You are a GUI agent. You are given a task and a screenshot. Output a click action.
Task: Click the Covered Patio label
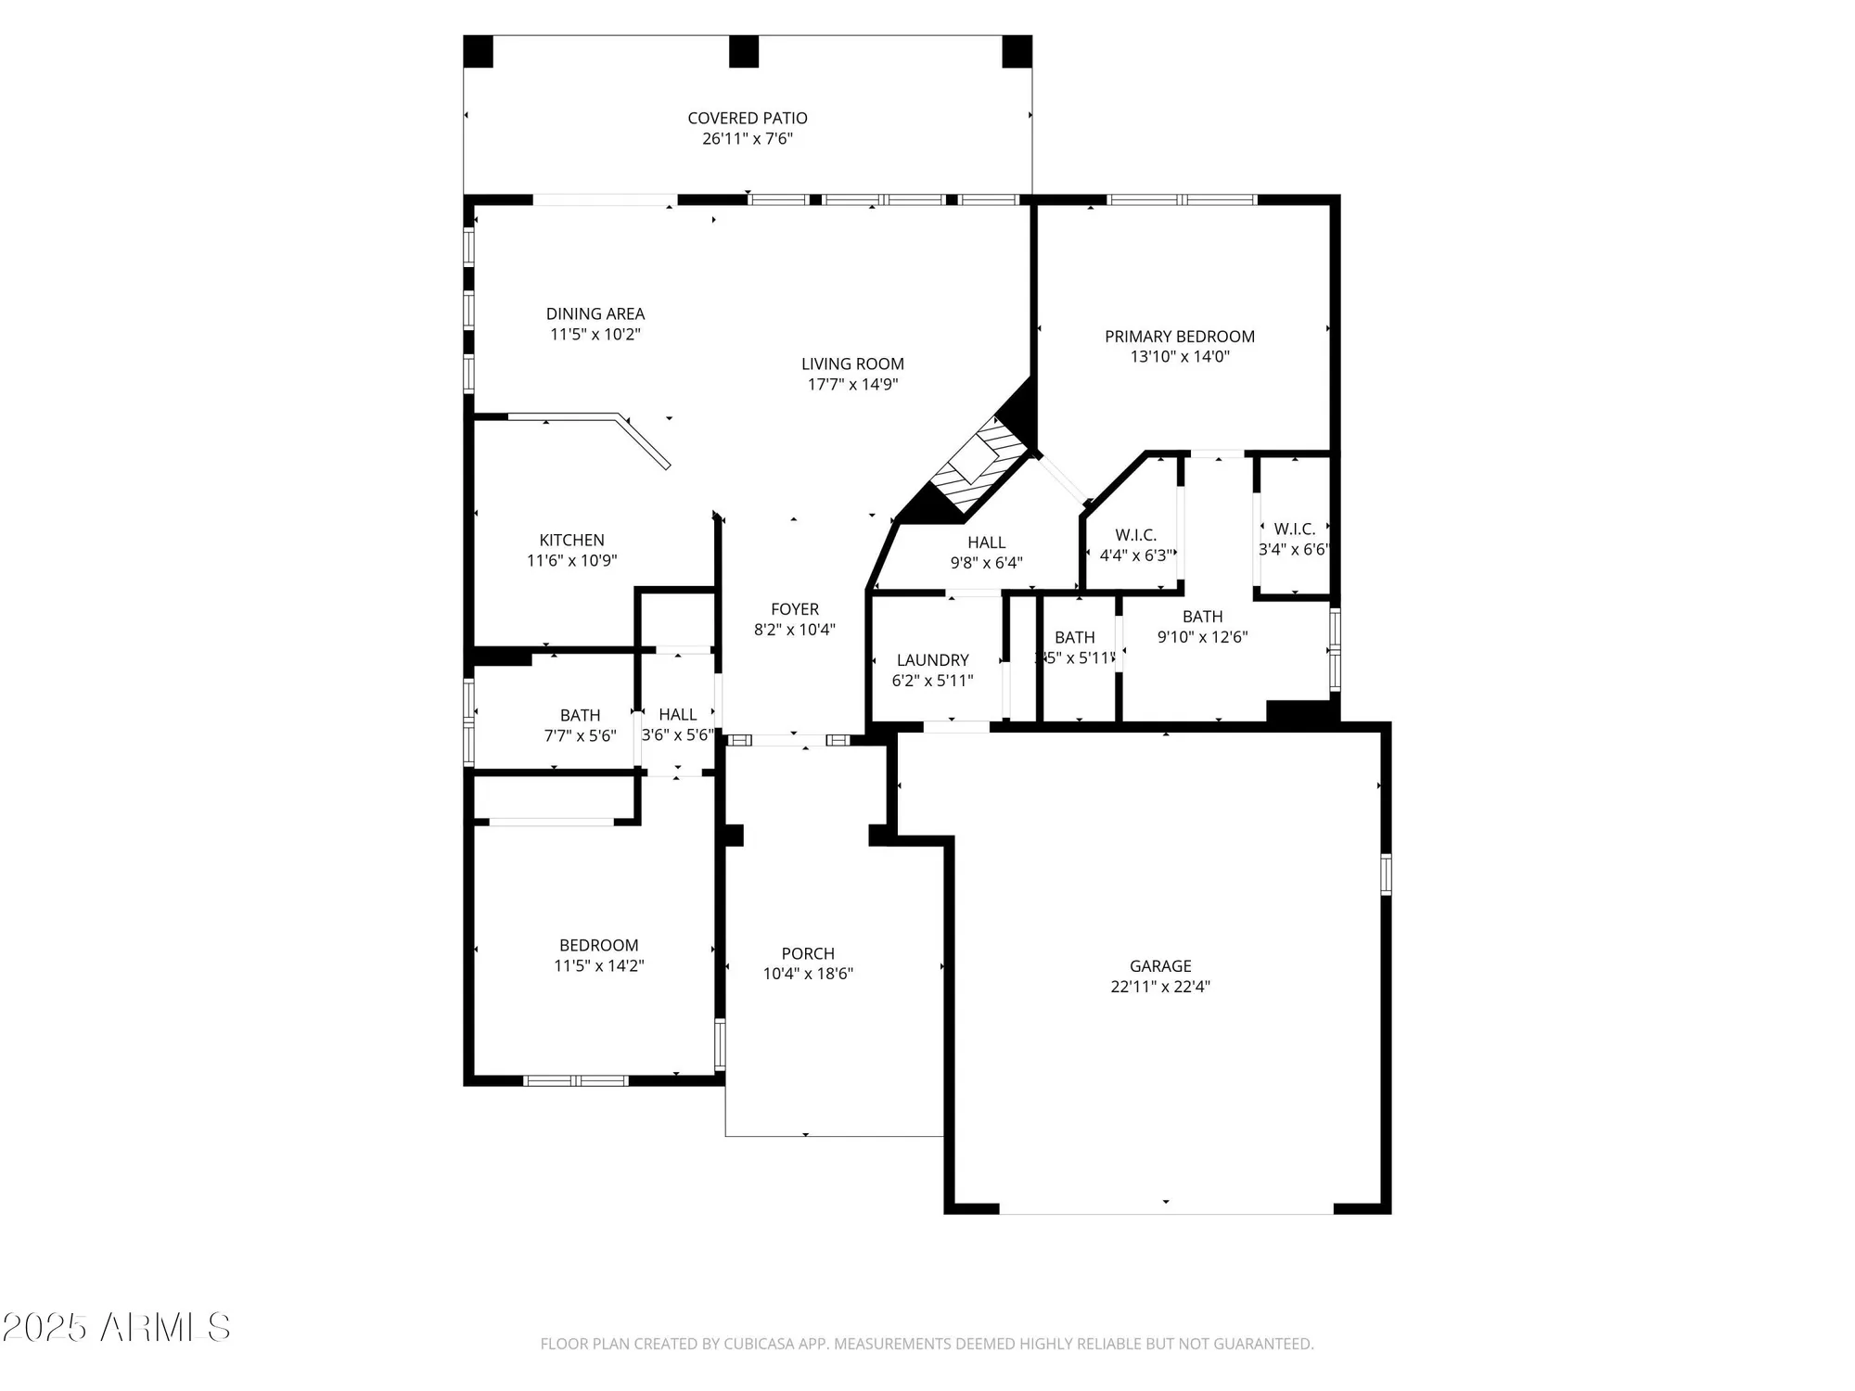click(747, 118)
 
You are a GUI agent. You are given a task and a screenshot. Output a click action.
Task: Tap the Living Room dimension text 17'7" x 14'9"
click(852, 385)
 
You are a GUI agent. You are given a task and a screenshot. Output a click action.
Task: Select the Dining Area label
click(595, 313)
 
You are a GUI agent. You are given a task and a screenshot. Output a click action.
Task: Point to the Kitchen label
click(571, 540)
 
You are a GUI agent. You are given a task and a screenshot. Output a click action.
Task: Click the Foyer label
click(794, 609)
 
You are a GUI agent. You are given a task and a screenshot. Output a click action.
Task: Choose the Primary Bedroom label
click(1179, 337)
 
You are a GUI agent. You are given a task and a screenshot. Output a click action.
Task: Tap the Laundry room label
click(932, 660)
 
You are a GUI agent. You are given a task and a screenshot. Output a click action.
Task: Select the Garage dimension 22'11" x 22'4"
click(1159, 987)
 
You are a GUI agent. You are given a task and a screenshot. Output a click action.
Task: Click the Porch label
click(808, 953)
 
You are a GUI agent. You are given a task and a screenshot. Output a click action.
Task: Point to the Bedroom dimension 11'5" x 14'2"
click(598, 966)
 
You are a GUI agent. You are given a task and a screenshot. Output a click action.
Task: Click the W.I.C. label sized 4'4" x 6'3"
click(1135, 535)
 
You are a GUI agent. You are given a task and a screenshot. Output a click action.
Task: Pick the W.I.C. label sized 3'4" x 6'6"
click(1294, 529)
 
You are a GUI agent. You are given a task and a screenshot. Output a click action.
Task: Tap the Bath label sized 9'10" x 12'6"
click(1202, 617)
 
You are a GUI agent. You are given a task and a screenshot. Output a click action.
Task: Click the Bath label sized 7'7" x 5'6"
click(580, 715)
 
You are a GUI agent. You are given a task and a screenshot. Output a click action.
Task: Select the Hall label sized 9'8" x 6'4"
click(986, 542)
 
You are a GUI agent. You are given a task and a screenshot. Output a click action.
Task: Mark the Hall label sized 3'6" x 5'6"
click(677, 715)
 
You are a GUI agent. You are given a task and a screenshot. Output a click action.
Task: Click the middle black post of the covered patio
click(743, 51)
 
